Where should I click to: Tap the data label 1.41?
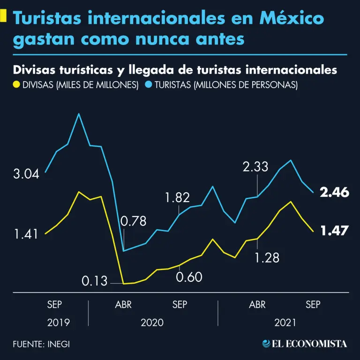pyautogui.click(x=26, y=234)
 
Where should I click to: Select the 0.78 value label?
pyautogui.click(x=133, y=221)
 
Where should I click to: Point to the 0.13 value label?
pyautogui.click(x=94, y=281)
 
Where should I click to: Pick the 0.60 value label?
pyautogui.click(x=189, y=277)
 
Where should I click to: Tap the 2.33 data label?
pyautogui.click(x=255, y=166)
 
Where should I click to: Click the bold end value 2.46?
pyautogui.click(x=335, y=192)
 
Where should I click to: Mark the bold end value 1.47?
pyautogui.click(x=335, y=230)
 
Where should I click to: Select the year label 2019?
pyautogui.click(x=59, y=322)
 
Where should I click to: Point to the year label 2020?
pyautogui.click(x=152, y=322)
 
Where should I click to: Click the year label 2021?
pyautogui.click(x=285, y=322)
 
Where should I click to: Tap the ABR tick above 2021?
pyautogui.click(x=257, y=305)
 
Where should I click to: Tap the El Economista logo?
pyautogui.click(x=305, y=344)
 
